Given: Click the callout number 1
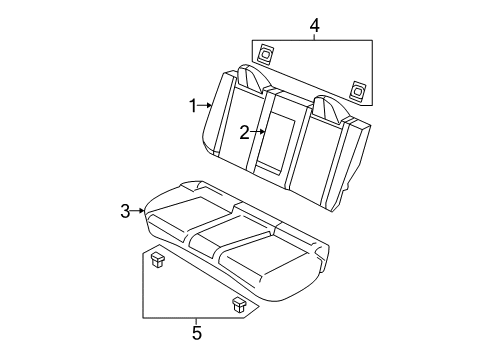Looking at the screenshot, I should click(x=194, y=104).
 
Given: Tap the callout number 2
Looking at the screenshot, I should click(x=243, y=131).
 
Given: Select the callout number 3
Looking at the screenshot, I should click(x=126, y=210).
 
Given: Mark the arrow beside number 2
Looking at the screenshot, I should click(x=257, y=131).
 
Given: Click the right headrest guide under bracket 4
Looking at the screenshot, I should click(x=357, y=91).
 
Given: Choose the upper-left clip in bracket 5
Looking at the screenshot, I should click(x=158, y=262).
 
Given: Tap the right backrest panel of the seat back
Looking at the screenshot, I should click(x=318, y=150).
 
